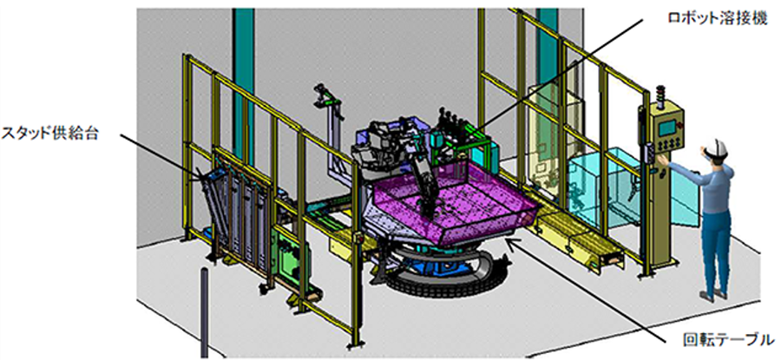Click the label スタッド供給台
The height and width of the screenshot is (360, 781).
coord(49,133)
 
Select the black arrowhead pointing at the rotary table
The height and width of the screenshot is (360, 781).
coord(512,244)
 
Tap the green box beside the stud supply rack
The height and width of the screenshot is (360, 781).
coord(291,255)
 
